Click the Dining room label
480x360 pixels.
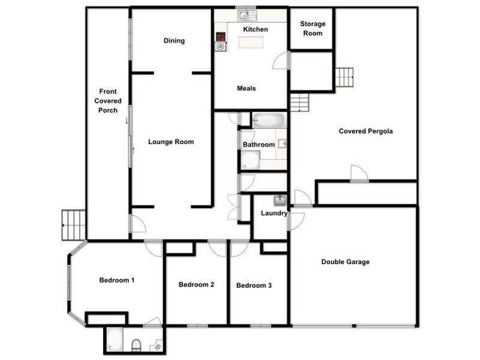tap(174, 41)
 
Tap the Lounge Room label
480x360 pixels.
tap(171, 142)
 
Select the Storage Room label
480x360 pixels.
tap(313, 29)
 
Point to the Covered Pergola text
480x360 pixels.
tap(365, 131)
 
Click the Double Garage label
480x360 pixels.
tap(345, 262)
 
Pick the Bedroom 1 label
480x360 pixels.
tap(116, 280)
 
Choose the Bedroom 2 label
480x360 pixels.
tap(197, 285)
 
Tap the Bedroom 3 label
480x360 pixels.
tap(254, 286)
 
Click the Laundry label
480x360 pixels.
tap(274, 214)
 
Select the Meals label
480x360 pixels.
tap(246, 89)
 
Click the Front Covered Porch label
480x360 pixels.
tap(108, 101)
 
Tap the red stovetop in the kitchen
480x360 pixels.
tap(221, 40)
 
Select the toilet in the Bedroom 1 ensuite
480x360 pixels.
tap(136, 345)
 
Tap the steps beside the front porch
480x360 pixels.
tap(74, 224)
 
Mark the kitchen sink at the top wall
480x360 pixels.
tap(245, 14)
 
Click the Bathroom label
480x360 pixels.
tap(259, 145)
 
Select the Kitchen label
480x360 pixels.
tap(256, 29)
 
